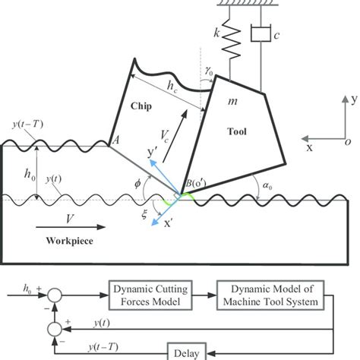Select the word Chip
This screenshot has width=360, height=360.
click(x=142, y=107)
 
